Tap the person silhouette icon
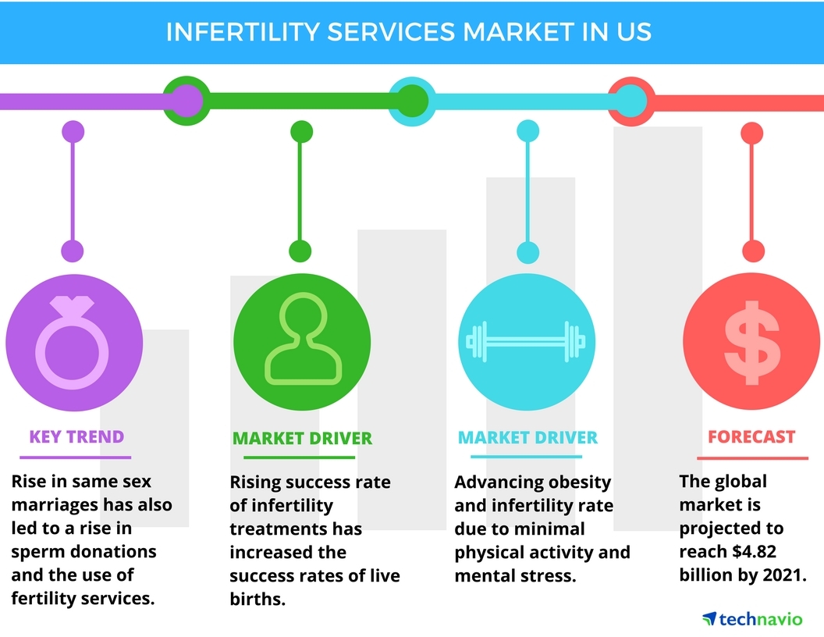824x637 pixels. [x=303, y=339]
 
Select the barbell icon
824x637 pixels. [x=525, y=342]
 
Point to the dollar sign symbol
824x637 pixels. [x=751, y=342]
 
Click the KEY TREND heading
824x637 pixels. [x=76, y=436]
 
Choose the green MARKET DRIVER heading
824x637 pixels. [x=302, y=439]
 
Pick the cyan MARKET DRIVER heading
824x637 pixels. [x=527, y=437]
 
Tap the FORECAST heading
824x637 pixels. [x=751, y=436]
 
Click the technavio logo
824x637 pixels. [x=752, y=619]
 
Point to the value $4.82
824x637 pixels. [x=754, y=551]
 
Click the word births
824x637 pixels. [x=257, y=600]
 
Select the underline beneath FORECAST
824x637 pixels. [x=752, y=457]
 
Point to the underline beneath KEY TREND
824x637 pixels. [x=75, y=457]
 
